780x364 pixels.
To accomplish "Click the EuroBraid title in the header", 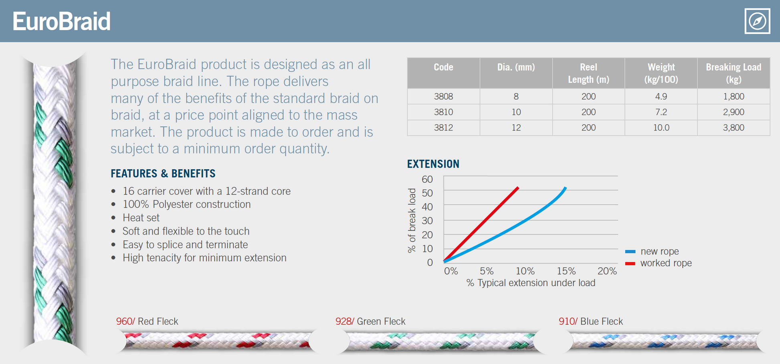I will (61, 21).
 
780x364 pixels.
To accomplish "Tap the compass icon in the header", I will (757, 21).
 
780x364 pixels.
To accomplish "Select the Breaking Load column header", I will (733, 73).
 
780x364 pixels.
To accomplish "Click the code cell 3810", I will (443, 112).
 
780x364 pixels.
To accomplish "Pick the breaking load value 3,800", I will (733, 128).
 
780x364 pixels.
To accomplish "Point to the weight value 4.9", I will (661, 97).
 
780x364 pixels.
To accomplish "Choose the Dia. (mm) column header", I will (516, 67).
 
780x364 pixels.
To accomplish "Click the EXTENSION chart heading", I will (433, 164).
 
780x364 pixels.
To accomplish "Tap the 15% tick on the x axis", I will (566, 271).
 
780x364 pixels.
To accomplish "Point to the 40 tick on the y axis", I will (427, 207).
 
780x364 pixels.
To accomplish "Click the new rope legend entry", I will (659, 251).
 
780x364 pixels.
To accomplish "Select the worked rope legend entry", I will (665, 263).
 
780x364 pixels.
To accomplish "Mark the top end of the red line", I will (518, 188).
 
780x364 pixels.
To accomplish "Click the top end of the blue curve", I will (565, 188).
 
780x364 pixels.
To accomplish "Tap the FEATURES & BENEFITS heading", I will (163, 174).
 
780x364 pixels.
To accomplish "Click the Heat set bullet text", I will (141, 218).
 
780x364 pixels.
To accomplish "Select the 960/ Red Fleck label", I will (147, 322).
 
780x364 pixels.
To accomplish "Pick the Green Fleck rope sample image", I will (441, 341).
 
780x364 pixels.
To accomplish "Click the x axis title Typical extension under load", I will (531, 283).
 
